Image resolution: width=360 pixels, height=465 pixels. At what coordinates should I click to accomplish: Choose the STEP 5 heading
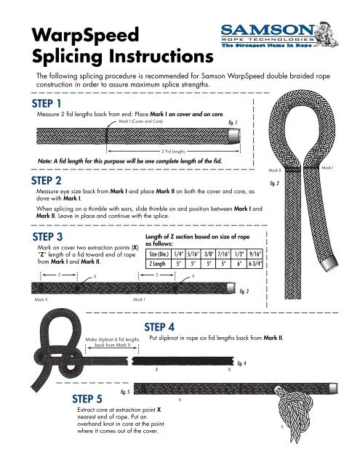tap(92, 398)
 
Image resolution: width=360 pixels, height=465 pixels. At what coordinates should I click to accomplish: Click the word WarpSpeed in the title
tap(68, 33)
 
